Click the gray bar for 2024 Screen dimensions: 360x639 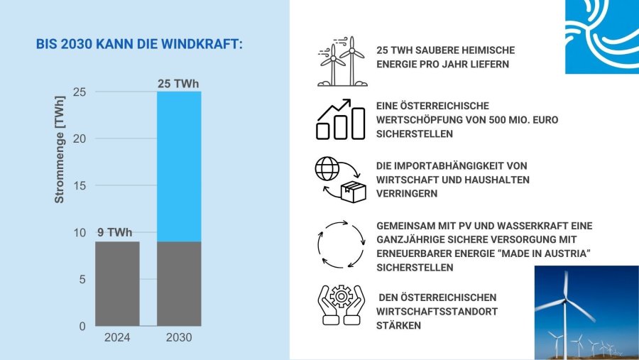click(117, 283)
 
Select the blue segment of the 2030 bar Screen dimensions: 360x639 click(179, 166)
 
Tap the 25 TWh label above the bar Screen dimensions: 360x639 click(177, 84)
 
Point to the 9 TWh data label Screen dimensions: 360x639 click(114, 233)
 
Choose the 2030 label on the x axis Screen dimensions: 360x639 click(179, 338)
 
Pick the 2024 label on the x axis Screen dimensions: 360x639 click(117, 338)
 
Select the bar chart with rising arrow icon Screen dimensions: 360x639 click(341, 119)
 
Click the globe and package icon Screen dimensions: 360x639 click(339, 180)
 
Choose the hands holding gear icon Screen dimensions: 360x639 click(340, 305)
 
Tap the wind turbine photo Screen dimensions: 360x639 click(586, 312)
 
